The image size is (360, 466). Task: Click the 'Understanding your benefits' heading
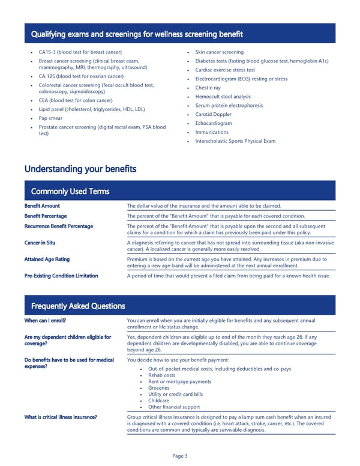[80, 169]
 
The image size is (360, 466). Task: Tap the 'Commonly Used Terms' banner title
[70, 192]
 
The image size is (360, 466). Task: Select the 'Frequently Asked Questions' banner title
[78, 306]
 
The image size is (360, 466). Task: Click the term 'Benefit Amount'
[42, 206]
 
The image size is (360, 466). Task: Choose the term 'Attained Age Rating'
[47, 259]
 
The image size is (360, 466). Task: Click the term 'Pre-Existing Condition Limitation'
[61, 276]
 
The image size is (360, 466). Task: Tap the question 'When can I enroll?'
[45, 321]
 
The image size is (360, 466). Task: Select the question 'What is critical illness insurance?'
[61, 417]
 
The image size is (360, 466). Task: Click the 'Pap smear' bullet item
[51, 118]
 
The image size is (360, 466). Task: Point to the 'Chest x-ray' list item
[208, 88]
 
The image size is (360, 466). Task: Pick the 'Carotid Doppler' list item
[214, 114]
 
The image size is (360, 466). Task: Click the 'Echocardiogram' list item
[214, 123]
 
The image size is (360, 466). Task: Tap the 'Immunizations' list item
[212, 132]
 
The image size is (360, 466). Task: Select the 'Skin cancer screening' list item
[220, 52]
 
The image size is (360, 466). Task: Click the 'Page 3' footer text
[180, 456]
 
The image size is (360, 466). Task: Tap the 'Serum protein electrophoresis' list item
[229, 106]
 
